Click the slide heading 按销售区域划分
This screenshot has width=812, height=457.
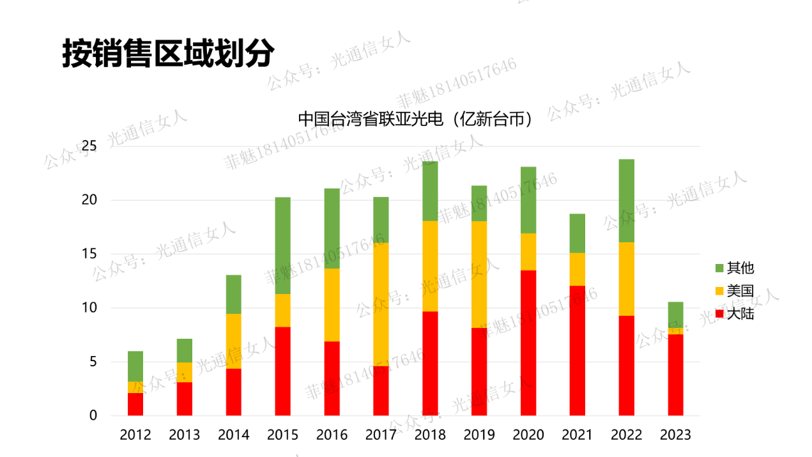coord(168,54)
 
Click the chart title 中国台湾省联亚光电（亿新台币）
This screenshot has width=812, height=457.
coord(415,119)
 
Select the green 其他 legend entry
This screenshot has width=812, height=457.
coord(734,268)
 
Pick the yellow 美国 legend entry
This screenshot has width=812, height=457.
coord(734,291)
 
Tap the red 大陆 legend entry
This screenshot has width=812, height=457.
coord(734,314)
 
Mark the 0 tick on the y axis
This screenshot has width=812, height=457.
coord(93,415)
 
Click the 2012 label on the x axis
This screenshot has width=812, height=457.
coord(135,435)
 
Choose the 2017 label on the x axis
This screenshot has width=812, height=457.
coord(381,435)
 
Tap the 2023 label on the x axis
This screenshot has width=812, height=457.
coord(675,435)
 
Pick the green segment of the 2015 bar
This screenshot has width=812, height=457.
coord(282,245)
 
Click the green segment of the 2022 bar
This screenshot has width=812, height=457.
coord(626,201)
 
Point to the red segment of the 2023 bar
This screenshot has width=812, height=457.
coord(675,375)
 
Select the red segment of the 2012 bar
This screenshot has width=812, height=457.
coord(135,404)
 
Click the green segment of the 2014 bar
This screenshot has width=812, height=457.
coord(234,294)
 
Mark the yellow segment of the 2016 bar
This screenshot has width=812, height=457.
coord(332,305)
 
